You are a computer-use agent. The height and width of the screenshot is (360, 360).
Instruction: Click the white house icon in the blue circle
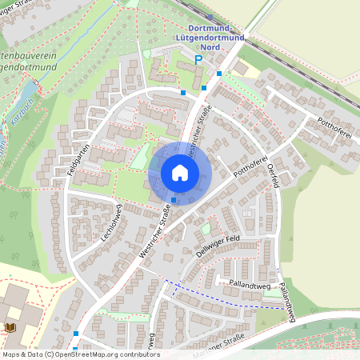click(x=179, y=172)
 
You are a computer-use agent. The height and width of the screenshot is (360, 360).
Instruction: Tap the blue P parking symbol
click(x=198, y=60)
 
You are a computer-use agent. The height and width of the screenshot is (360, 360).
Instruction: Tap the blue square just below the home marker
click(x=174, y=200)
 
